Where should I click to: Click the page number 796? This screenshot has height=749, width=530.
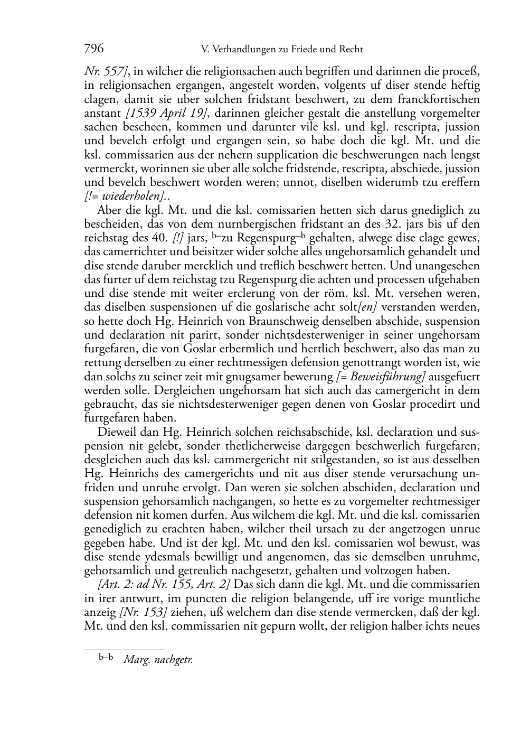pos(94,49)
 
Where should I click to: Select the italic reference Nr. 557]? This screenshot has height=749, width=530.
pos(105,71)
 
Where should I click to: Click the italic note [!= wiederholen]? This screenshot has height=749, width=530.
pos(125,196)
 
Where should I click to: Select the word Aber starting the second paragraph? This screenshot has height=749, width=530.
pos(109,210)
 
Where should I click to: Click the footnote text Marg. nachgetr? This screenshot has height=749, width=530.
pos(158,660)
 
